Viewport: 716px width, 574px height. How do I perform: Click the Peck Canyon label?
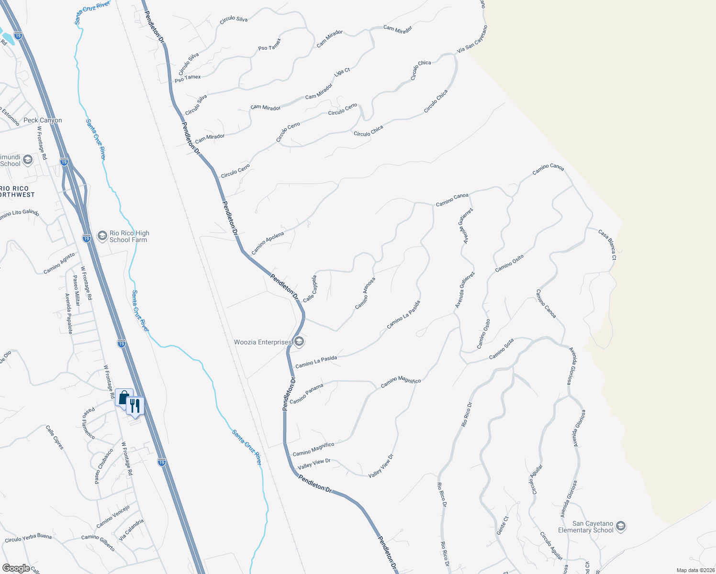pyautogui.click(x=43, y=121)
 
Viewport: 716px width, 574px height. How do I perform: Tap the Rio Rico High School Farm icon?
pyautogui.click(x=102, y=236)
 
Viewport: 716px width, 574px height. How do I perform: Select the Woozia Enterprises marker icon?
pyautogui.click(x=299, y=342)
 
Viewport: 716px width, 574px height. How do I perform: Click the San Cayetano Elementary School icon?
pyautogui.click(x=620, y=527)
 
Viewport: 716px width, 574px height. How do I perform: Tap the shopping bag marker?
pyautogui.click(x=123, y=397)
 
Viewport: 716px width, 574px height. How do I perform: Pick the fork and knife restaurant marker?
pyautogui.click(x=135, y=406)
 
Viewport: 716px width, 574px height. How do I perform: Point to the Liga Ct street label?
pyautogui.click(x=342, y=72)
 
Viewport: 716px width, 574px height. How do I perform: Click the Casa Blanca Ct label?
pyautogui.click(x=607, y=244)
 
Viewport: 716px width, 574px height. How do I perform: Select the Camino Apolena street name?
pyautogui.click(x=268, y=243)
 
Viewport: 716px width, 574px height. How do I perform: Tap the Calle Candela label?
pyautogui.click(x=310, y=288)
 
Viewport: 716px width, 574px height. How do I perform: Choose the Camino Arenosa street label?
pyautogui.click(x=365, y=293)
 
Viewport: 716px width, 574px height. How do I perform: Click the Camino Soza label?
pyautogui.click(x=502, y=349)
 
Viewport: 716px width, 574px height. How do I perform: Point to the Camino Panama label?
pyautogui.click(x=306, y=394)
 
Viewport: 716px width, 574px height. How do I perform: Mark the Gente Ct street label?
pyautogui.click(x=502, y=525)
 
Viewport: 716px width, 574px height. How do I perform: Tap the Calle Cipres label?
pyautogui.click(x=55, y=437)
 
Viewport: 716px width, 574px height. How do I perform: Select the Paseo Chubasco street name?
pyautogui.click(x=104, y=466)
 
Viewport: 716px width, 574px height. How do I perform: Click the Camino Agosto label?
pyautogui.click(x=59, y=264)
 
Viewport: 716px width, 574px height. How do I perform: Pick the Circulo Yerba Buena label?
pyautogui.click(x=28, y=538)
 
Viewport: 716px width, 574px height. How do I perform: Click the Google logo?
pyautogui.click(x=16, y=568)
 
